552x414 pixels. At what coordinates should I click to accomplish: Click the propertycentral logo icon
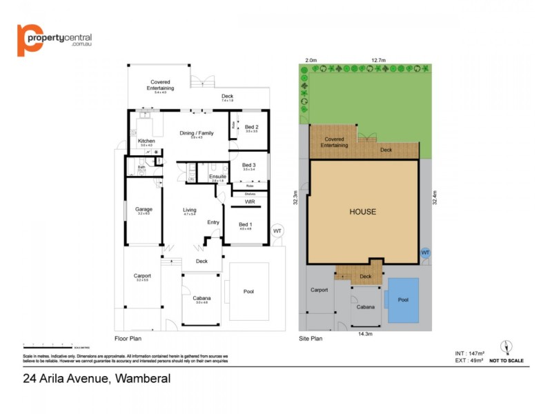29,40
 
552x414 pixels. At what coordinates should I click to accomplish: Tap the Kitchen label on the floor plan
146,141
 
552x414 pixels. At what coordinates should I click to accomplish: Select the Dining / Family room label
197,133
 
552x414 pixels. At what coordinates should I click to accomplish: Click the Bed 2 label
251,127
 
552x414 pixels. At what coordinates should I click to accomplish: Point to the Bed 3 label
249,165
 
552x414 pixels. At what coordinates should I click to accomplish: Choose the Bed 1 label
246,224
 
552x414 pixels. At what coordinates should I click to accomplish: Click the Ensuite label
217,177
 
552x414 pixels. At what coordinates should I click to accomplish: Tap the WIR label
250,201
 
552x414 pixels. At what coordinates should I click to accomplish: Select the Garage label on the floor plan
144,209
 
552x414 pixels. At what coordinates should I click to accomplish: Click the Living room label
190,210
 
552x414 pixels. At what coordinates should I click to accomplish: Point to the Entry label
213,222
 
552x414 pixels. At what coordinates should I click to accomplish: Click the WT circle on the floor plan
277,230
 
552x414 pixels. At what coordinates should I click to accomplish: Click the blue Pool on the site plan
403,300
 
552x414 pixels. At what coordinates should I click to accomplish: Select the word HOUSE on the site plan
362,211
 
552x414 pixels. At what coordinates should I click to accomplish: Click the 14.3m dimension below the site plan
365,334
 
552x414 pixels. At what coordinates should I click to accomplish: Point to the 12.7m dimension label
377,60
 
